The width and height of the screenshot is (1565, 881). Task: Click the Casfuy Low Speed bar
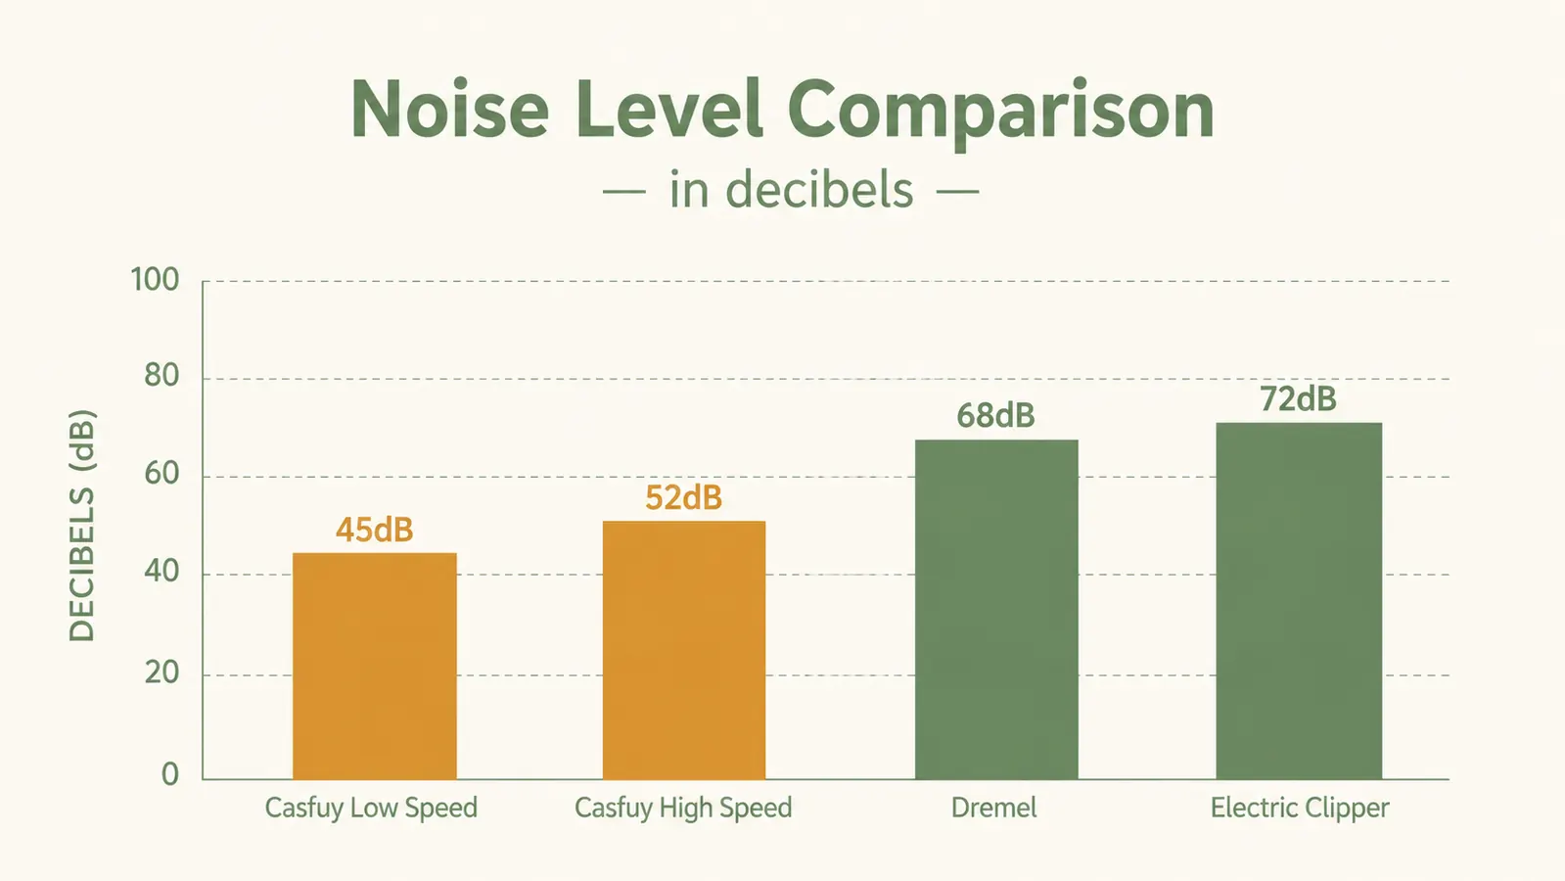click(375, 666)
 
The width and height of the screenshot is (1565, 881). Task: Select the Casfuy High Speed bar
click(684, 650)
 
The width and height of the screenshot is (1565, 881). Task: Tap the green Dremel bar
click(996, 609)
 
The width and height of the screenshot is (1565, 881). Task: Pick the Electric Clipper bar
click(1299, 601)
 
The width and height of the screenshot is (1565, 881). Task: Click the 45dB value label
click(375, 530)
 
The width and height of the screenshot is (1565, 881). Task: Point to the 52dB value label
click(683, 497)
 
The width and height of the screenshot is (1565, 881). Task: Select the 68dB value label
click(995, 415)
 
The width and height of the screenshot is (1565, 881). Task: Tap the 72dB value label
click(1298, 399)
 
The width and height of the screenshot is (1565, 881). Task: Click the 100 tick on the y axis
click(155, 279)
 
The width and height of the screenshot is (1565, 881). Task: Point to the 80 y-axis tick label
click(161, 376)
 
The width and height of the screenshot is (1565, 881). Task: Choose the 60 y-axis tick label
click(161, 474)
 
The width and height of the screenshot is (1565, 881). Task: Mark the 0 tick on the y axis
click(169, 774)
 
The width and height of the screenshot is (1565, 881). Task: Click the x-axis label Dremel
click(993, 808)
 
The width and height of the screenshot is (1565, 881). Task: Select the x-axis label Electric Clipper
click(1300, 809)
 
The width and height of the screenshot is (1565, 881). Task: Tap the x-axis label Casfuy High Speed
click(683, 809)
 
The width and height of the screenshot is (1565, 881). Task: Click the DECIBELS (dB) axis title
click(82, 526)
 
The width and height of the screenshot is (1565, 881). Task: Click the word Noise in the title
click(449, 110)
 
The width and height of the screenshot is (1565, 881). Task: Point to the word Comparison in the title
click(1000, 114)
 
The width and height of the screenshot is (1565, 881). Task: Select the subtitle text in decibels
click(791, 189)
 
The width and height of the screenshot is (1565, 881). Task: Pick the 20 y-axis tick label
click(161, 672)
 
